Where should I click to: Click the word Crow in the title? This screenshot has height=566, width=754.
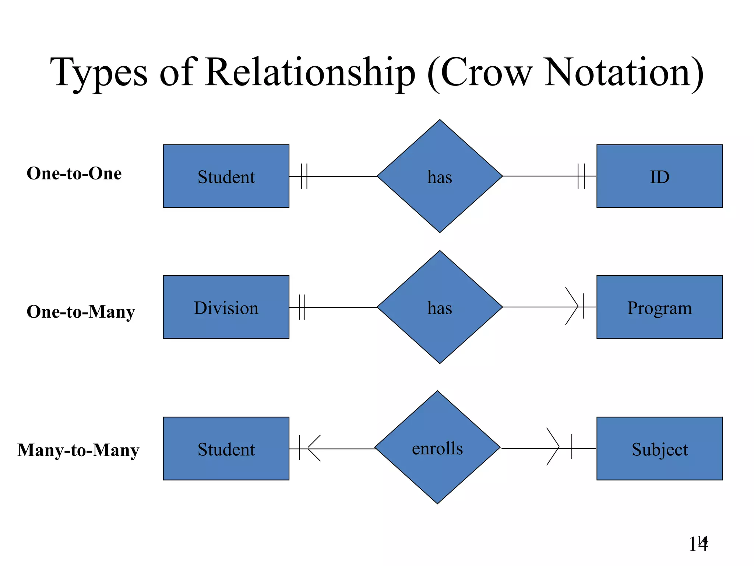[486, 73]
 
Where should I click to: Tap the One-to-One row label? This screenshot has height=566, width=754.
[74, 173]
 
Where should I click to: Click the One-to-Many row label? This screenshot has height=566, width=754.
[81, 312]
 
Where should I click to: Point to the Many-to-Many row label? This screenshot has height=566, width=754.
[78, 450]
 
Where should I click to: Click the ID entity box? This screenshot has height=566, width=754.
[659, 176]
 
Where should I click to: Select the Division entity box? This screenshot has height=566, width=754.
[226, 307]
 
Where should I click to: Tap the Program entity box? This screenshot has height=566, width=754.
[659, 307]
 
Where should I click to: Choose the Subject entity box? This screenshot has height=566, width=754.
[659, 448]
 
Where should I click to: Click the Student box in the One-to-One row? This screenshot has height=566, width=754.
[226, 176]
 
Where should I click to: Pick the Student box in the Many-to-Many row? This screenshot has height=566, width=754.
[226, 448]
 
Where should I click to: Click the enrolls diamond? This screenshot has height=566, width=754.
[437, 447]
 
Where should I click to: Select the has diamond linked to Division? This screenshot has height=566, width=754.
[440, 307]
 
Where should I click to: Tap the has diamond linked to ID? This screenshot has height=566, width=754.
[440, 176]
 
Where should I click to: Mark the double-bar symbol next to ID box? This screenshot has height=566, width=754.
[581, 176]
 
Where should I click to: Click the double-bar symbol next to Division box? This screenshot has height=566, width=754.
[302, 307]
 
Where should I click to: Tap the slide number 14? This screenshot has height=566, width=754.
[698, 544]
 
